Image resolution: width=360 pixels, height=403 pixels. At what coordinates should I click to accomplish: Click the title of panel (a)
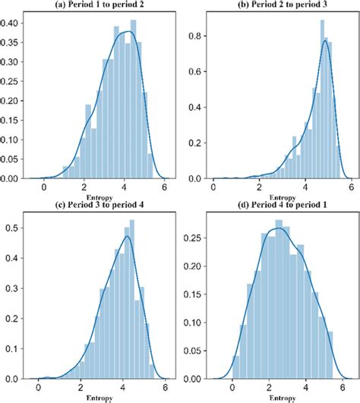[96, 5]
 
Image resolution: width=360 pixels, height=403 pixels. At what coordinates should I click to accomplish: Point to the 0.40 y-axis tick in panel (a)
[11, 22]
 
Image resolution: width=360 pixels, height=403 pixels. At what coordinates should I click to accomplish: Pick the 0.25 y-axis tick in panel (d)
[194, 238]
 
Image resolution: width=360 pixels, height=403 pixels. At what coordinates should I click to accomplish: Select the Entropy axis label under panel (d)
[278, 397]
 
